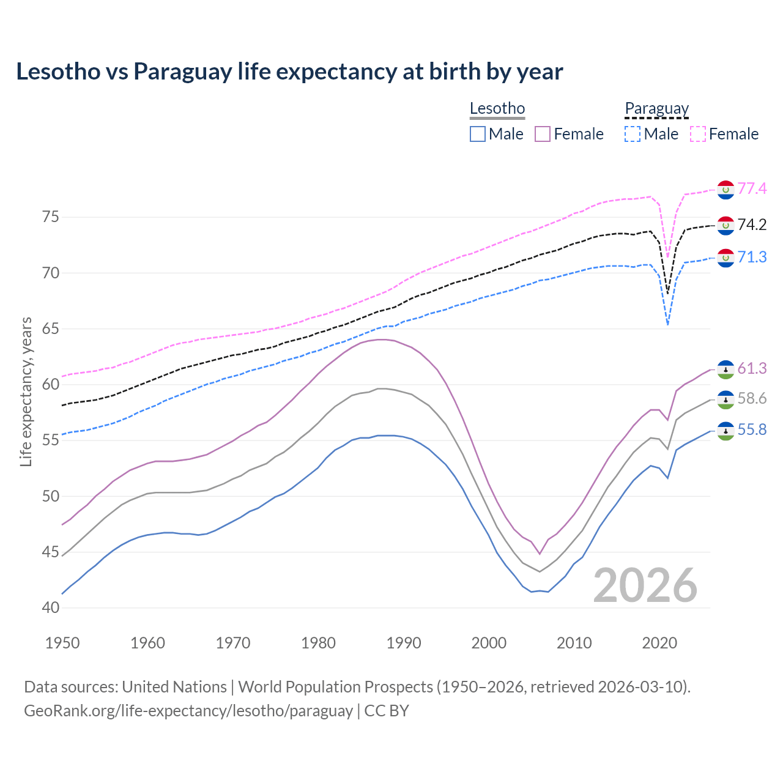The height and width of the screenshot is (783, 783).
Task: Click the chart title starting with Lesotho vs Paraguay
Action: click(x=289, y=72)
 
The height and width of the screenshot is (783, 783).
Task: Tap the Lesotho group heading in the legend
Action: click(x=497, y=108)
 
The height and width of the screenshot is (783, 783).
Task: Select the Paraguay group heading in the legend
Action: click(x=656, y=108)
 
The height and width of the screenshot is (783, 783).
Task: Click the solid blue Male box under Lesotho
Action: click(x=478, y=134)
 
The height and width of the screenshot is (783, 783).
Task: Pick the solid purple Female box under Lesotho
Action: click(x=543, y=134)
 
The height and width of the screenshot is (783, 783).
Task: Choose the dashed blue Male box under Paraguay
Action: click(x=633, y=134)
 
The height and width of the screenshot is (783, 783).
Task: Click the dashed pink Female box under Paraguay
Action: click(x=698, y=134)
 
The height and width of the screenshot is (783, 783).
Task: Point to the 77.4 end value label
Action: click(x=752, y=188)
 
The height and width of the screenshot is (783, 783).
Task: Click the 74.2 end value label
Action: click(x=752, y=225)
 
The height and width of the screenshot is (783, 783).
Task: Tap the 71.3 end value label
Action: click(x=752, y=257)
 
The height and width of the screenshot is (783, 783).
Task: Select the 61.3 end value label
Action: click(x=752, y=368)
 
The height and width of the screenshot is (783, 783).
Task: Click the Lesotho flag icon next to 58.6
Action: click(x=725, y=399)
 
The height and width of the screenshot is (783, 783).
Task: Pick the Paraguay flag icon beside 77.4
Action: click(x=725, y=190)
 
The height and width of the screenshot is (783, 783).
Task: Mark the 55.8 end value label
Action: click(x=752, y=430)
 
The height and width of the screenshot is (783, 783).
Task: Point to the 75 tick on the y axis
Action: click(x=51, y=217)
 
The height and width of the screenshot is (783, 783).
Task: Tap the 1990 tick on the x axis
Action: click(x=404, y=643)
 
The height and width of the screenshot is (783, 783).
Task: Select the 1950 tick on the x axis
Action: click(x=63, y=643)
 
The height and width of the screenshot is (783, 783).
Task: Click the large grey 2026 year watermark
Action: click(x=645, y=585)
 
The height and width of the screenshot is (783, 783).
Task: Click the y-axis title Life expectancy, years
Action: click(x=26, y=391)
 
